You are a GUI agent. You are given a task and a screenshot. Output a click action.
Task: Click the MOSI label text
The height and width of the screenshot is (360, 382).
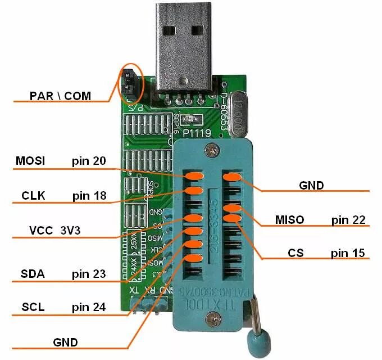click(x=31, y=161)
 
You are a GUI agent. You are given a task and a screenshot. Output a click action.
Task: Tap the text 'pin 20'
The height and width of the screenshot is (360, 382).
click(x=89, y=161)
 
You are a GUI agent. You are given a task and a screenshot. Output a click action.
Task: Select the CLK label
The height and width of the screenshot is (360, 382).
click(x=33, y=196)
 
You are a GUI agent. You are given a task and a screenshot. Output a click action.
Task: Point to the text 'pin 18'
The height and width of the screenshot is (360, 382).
click(x=89, y=196)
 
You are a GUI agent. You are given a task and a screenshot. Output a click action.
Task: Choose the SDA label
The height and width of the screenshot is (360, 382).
click(x=33, y=274)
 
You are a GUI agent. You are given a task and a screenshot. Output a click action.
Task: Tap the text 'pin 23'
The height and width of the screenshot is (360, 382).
click(x=89, y=274)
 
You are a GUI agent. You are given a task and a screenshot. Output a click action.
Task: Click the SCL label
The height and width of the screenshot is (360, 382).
click(x=33, y=307)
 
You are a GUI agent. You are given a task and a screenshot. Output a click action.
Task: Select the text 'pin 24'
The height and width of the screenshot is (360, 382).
click(x=89, y=307)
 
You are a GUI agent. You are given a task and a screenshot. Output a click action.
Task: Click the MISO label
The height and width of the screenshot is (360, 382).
click(x=289, y=219)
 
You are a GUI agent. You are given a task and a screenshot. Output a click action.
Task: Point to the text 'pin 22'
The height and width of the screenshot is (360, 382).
click(x=348, y=219)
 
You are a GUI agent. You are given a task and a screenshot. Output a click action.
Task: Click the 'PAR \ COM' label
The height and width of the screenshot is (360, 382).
click(x=60, y=96)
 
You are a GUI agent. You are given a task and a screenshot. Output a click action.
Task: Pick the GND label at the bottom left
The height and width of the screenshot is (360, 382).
click(x=66, y=342)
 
